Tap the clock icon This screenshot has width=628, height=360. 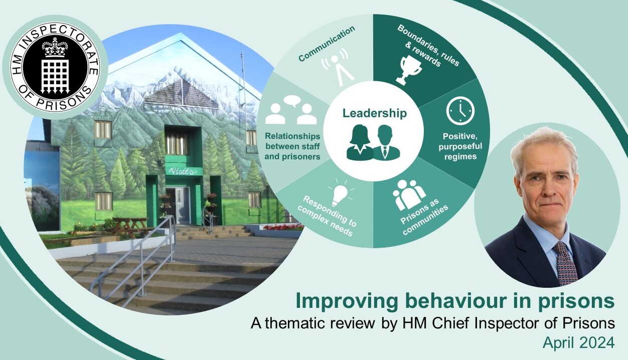coord(460,111)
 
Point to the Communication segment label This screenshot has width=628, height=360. coord(326,44)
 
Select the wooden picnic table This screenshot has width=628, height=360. coord(129,224)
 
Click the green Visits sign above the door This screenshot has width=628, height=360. coord(183,171)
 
